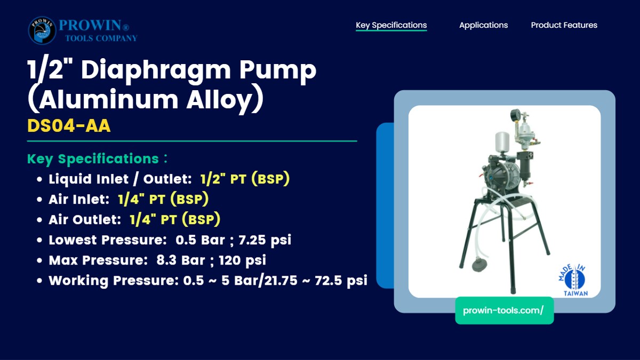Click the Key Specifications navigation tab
coord(391,25)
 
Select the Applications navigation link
coord(483,25)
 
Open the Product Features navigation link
coord(564,25)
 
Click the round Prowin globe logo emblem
coord(42,30)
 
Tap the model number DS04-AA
coord(69,125)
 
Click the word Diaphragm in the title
coord(156,70)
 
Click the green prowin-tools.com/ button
coord(505,310)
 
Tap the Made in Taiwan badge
coord(573,280)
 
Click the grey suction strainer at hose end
coord(479,264)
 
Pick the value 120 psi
coord(242,260)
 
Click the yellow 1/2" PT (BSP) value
coord(245,179)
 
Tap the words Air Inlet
coord(79,199)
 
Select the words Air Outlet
coord(85,220)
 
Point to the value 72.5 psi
coord(341,281)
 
